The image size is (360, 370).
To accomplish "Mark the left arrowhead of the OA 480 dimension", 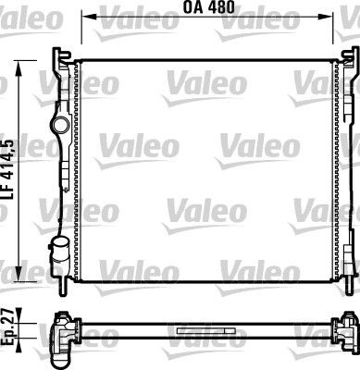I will coord(85,17).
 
